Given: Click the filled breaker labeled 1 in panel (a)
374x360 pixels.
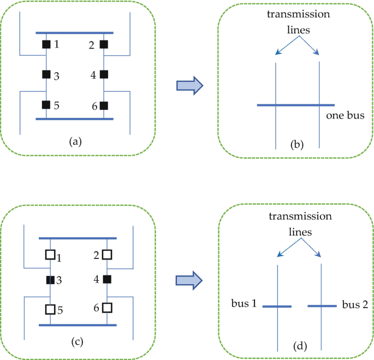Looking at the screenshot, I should (x=46, y=44).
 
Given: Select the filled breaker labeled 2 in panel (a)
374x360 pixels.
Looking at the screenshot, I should (x=103, y=44).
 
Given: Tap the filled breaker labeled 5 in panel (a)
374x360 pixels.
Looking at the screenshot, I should (x=46, y=105).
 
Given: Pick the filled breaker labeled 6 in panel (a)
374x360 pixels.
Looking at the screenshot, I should (x=103, y=105).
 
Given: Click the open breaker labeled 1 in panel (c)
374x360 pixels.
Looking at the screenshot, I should (x=50, y=255).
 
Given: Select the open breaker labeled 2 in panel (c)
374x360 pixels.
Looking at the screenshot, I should (x=107, y=255).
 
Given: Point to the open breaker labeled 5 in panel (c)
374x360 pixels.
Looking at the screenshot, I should (x=50, y=309).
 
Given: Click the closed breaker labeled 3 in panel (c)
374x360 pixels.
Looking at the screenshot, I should (x=50, y=280).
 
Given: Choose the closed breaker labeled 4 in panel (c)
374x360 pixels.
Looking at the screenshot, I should (x=107, y=280).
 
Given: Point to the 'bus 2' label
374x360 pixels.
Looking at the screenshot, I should (x=354, y=303).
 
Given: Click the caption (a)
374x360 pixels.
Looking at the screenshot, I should (x=75, y=141).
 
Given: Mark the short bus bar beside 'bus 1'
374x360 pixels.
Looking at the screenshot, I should (x=277, y=306).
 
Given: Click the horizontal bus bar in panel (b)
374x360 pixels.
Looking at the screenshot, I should (x=295, y=104).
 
